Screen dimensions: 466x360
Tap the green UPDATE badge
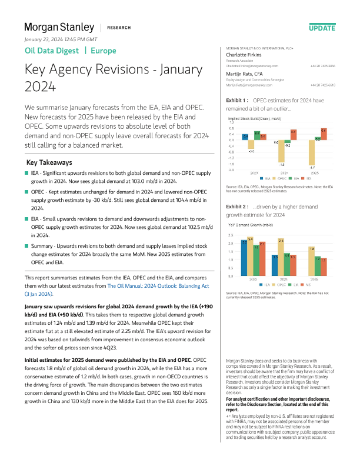(322, 28)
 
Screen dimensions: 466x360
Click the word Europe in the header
(104, 51)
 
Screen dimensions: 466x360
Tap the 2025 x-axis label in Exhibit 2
(315, 279)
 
